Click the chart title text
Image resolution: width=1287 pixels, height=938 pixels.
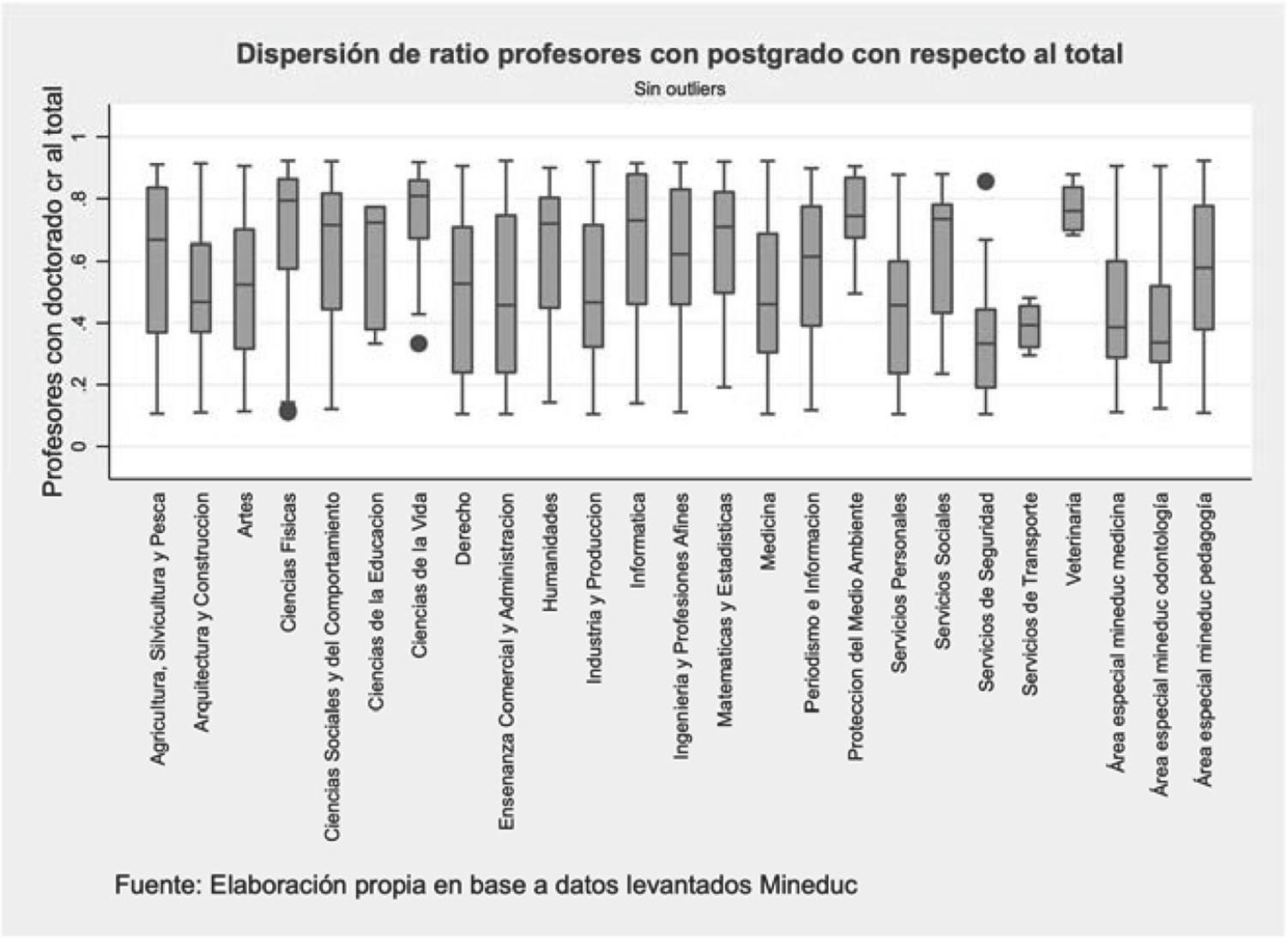[x=680, y=54]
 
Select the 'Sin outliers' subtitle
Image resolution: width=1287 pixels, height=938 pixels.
[x=680, y=88]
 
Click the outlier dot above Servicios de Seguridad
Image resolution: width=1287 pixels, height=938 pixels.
[x=987, y=181]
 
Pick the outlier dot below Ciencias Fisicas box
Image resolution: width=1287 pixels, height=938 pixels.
[x=288, y=411]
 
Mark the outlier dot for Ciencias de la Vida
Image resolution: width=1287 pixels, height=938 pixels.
[x=419, y=343]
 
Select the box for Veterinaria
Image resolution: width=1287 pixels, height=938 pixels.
[x=1073, y=209]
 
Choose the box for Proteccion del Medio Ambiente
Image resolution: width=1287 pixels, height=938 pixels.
[x=855, y=208]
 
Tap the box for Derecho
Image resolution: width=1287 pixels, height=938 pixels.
[x=462, y=300]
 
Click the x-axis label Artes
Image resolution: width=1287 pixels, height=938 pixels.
[x=245, y=515]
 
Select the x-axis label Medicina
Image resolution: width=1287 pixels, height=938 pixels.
[x=768, y=531]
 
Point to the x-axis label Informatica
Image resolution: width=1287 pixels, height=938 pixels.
[x=637, y=540]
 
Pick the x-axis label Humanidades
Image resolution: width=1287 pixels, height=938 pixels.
[x=550, y=552]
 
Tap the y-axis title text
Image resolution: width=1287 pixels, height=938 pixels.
[x=53, y=292]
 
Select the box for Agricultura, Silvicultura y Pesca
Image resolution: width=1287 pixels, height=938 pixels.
[x=157, y=259]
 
